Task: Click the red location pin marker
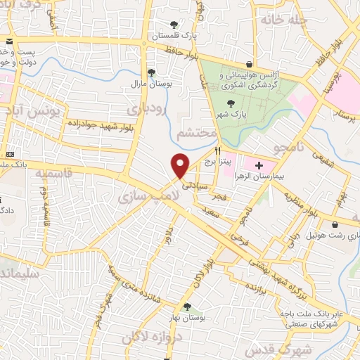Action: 181,165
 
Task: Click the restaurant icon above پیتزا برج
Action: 218,150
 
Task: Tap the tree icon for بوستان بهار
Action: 186,307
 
